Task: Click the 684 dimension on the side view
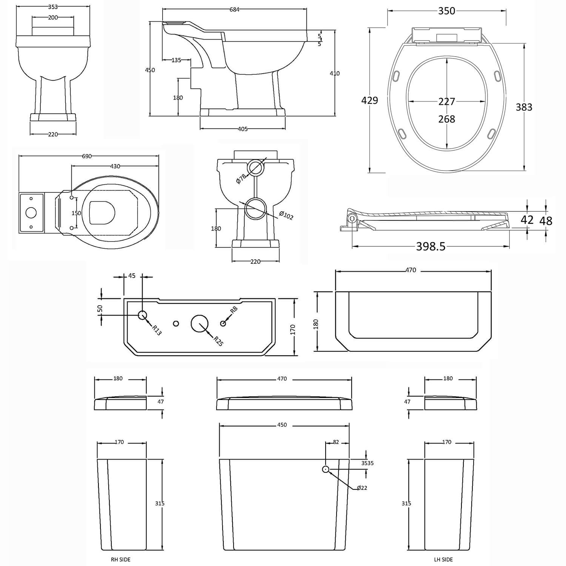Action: coord(234,10)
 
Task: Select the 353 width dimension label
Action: coord(53,7)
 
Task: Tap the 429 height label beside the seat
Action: coord(369,100)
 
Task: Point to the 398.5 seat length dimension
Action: coord(431,246)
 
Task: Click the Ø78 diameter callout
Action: coord(241,178)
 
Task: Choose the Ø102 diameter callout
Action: coord(286,215)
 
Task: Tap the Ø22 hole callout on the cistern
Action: coord(361,488)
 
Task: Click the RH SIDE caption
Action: coord(121,560)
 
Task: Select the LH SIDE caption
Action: coord(443,560)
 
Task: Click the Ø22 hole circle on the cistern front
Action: coord(326,469)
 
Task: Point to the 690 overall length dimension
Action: coord(87,156)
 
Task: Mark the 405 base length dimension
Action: coord(243,129)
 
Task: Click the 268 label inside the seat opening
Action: coord(447,119)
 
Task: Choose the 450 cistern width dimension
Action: coord(282,425)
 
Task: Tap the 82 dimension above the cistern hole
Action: coord(336,442)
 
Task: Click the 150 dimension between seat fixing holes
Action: coord(76,213)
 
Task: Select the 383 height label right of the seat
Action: coord(524,108)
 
